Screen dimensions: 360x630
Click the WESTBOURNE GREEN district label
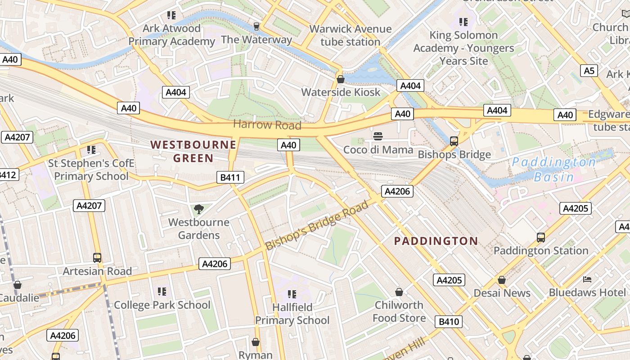click(x=193, y=151)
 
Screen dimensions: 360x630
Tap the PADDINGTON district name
click(x=436, y=241)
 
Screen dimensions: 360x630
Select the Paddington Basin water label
click(x=554, y=169)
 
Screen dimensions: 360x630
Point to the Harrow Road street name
click(x=267, y=125)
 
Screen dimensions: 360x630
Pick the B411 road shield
click(x=230, y=177)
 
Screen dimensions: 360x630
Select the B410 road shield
click(x=449, y=321)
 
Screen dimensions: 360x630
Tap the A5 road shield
click(x=589, y=71)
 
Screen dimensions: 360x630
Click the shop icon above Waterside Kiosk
click(x=341, y=80)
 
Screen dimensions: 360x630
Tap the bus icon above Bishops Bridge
click(x=454, y=141)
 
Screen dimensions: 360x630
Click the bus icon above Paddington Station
click(x=541, y=238)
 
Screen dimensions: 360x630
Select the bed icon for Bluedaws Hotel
click(x=587, y=279)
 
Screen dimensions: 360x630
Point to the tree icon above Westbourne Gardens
click(x=198, y=209)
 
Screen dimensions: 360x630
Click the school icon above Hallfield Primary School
click(x=292, y=294)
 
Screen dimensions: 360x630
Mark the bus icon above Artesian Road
click(x=97, y=258)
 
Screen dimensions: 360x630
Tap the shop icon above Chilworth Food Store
click(x=399, y=292)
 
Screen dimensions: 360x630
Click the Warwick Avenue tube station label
click(x=350, y=35)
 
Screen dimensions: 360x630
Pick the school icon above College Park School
click(x=162, y=292)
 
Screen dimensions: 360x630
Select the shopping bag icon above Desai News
click(x=502, y=280)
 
